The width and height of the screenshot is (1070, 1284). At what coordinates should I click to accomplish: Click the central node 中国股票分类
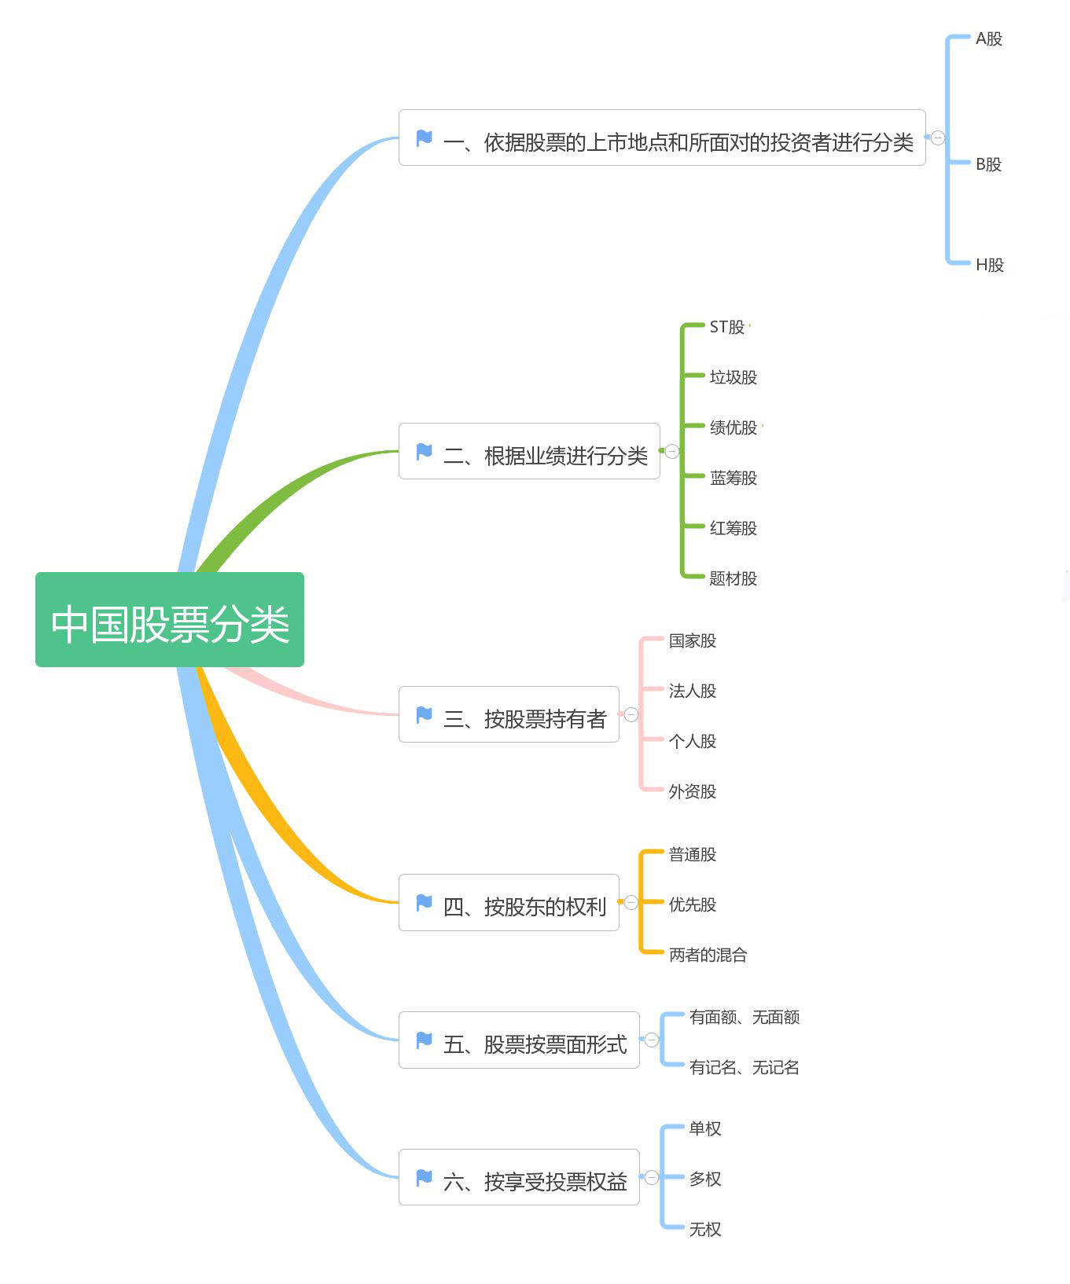click(x=169, y=620)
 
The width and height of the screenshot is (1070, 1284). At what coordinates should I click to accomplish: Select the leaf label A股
click(x=988, y=39)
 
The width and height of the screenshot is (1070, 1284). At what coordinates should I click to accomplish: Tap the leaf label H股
click(x=989, y=265)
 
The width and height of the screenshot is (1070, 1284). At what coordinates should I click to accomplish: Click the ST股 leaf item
click(x=726, y=327)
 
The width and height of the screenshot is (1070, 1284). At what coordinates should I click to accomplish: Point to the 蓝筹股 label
click(x=733, y=478)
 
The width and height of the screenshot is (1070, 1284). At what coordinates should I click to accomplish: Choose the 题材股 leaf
click(x=733, y=578)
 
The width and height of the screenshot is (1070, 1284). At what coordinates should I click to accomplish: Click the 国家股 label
click(x=692, y=640)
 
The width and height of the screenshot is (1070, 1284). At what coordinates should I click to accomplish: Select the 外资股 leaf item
click(x=692, y=791)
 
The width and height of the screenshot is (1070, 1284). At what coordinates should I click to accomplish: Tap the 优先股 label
click(x=692, y=904)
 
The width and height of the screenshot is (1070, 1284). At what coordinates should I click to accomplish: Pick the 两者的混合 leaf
click(x=708, y=955)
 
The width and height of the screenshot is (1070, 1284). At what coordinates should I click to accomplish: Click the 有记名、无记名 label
click(x=744, y=1067)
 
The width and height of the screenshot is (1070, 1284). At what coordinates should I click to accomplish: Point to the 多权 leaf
click(x=704, y=1179)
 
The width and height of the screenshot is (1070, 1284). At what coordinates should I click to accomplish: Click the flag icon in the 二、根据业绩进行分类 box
click(x=424, y=451)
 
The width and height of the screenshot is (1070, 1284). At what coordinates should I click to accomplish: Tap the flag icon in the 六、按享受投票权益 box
click(x=424, y=1177)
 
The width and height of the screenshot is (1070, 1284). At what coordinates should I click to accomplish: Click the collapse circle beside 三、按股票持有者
click(x=631, y=714)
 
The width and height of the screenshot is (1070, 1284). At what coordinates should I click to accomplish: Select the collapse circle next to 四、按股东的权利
click(x=631, y=902)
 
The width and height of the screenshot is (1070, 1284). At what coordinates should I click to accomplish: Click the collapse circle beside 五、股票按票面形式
click(x=652, y=1040)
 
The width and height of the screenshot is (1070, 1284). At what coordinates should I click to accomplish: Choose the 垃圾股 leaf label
click(x=733, y=377)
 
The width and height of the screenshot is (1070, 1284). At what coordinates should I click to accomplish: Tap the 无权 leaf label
click(x=704, y=1229)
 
